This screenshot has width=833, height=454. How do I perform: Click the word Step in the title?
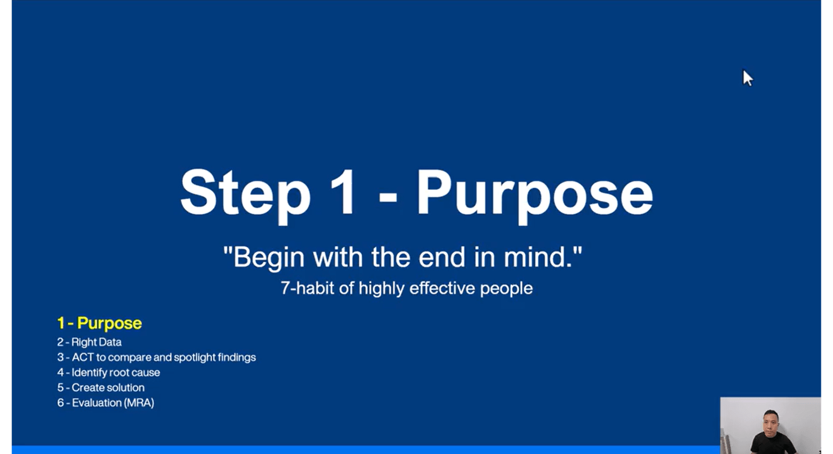pos(245,195)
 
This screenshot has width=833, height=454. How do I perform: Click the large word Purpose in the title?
pos(535,195)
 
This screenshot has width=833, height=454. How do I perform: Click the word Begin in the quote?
pos(268,258)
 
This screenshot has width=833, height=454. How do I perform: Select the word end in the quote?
pos(442,257)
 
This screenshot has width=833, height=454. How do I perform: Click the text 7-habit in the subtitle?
pos(307,288)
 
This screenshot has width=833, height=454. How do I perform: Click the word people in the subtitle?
pos(506,289)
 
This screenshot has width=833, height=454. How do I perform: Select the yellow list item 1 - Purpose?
pos(99,323)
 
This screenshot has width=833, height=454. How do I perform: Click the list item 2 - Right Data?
pos(89,342)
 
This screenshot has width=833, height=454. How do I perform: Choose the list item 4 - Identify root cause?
pos(109,372)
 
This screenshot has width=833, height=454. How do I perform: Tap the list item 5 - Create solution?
pos(101,387)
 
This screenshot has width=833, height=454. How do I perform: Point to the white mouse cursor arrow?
pos(747,78)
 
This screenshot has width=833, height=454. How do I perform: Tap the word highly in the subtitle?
pos(381,289)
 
